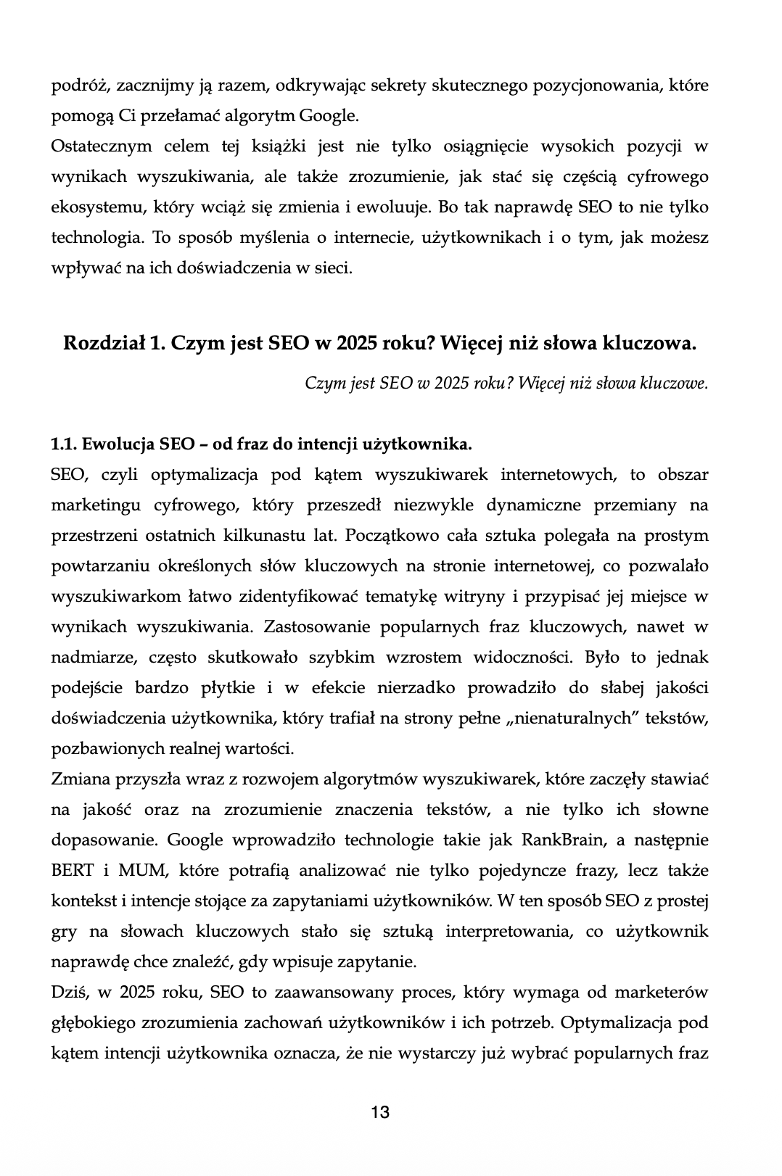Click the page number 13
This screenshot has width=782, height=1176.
[x=380, y=1112]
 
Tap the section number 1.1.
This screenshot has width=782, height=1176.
[x=64, y=444]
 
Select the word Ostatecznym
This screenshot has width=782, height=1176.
[x=102, y=146]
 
